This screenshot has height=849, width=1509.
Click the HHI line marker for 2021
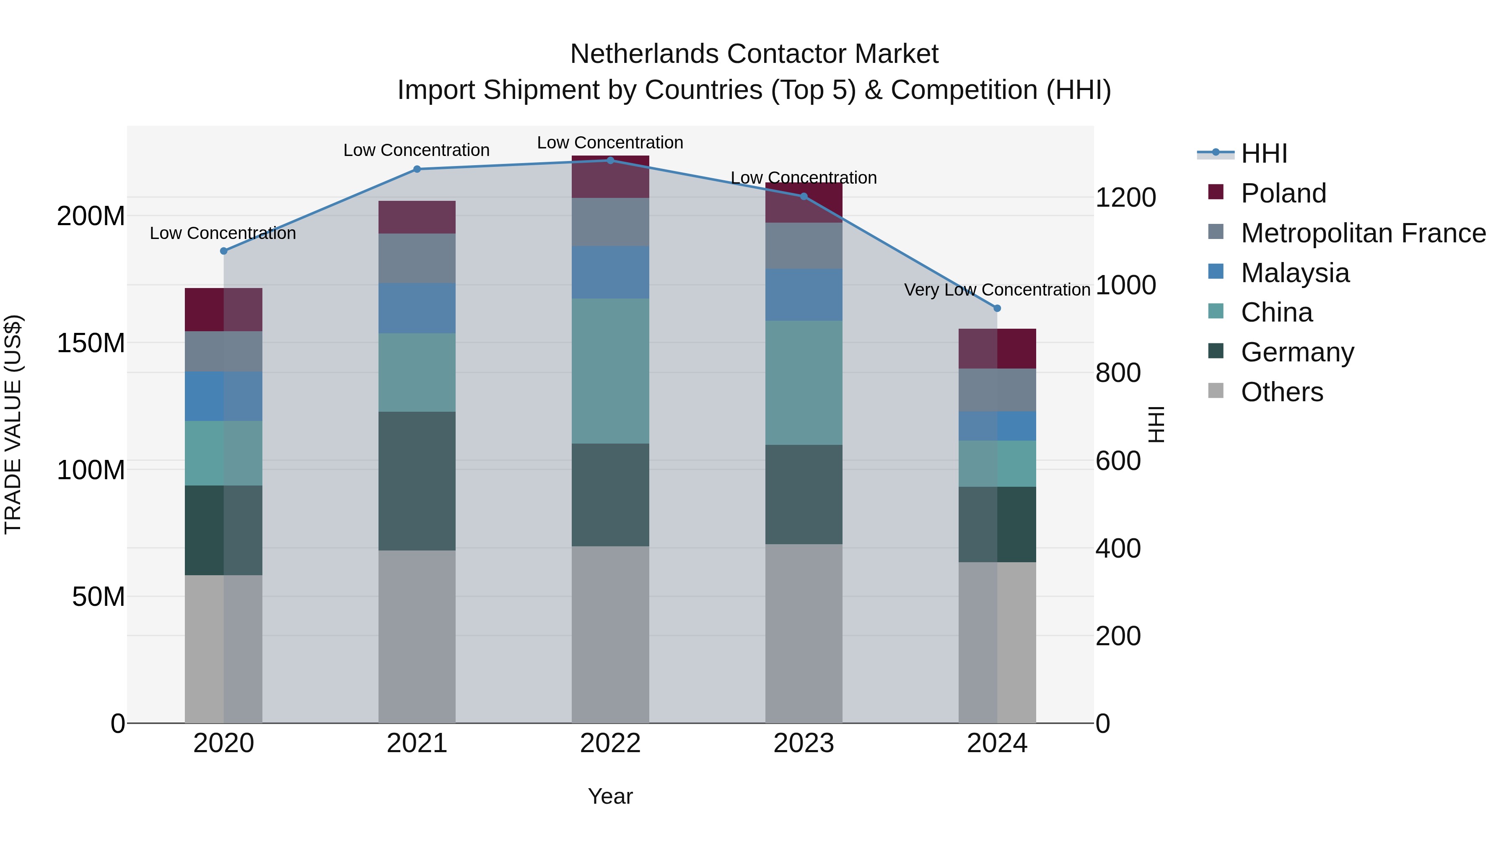pyautogui.click(x=417, y=169)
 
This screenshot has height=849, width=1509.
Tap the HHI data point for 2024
pyautogui.click(x=997, y=308)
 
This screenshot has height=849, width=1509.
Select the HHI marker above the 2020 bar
pyautogui.click(x=223, y=251)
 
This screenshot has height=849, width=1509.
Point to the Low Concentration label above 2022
pyautogui.click(x=610, y=143)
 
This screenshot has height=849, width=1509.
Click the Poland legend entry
pyautogui.click(x=1283, y=193)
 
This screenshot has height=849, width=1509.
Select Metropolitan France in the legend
pyautogui.click(x=1363, y=233)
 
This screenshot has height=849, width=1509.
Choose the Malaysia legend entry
pyautogui.click(x=1295, y=273)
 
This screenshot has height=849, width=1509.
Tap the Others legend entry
pyautogui.click(x=1282, y=392)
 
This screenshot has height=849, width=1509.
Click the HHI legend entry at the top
pyautogui.click(x=1263, y=153)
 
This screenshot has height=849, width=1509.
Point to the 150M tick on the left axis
pyautogui.click(x=91, y=343)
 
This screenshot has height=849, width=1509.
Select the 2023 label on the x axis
pyautogui.click(x=803, y=743)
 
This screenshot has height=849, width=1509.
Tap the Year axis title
pyautogui.click(x=610, y=796)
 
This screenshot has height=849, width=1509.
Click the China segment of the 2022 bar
pyautogui.click(x=610, y=371)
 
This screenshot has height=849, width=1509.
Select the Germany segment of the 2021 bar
pyautogui.click(x=417, y=480)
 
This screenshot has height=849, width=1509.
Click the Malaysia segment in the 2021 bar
pyautogui.click(x=417, y=308)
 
